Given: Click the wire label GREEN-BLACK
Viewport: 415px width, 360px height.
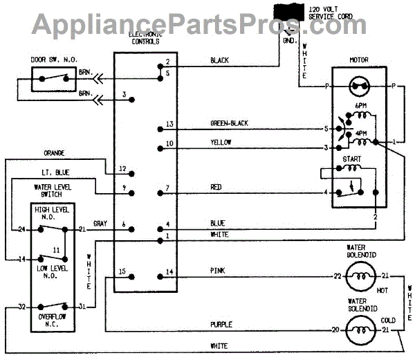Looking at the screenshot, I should pyautogui.click(x=228, y=123).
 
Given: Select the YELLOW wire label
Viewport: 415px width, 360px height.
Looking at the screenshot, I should pyautogui.click(x=221, y=143).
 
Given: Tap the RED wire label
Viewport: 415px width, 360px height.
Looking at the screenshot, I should pyautogui.click(x=216, y=188).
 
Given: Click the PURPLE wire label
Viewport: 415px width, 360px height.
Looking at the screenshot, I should pyautogui.click(x=222, y=323).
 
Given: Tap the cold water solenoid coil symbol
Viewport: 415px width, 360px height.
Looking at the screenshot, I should pyautogui.click(x=359, y=330).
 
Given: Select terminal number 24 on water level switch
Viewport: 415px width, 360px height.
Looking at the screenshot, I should pyautogui.click(x=21, y=229).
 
